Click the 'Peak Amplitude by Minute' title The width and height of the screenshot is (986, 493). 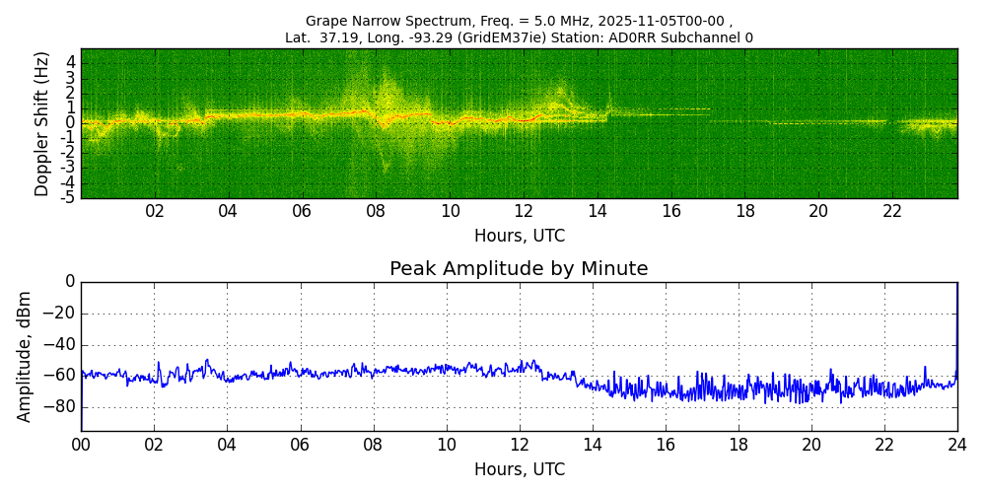(x=519, y=269)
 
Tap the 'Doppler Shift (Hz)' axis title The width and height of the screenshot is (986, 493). (x=42, y=123)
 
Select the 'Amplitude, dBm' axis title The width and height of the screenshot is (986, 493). (x=26, y=356)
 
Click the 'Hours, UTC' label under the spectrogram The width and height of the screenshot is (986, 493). (x=520, y=237)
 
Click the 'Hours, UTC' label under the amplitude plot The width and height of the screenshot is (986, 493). (x=520, y=469)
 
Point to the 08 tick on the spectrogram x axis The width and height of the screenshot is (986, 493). (x=376, y=211)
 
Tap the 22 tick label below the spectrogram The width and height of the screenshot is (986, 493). (x=892, y=211)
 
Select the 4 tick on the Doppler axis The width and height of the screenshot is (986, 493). (x=70, y=61)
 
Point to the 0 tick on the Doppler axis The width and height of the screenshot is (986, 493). (x=70, y=122)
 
